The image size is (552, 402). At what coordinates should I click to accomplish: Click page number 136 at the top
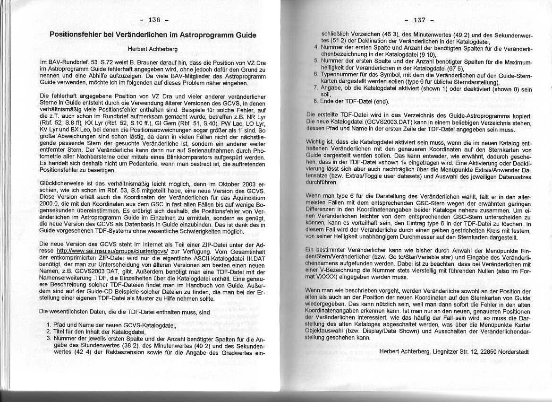(x=155, y=20)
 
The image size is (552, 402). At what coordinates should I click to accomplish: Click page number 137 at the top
(x=419, y=20)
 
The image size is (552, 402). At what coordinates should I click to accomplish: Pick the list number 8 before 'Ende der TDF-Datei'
(x=315, y=101)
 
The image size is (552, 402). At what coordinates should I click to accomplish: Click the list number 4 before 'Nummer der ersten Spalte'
(x=315, y=47)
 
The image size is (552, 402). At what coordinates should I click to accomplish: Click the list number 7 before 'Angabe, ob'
(x=315, y=88)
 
